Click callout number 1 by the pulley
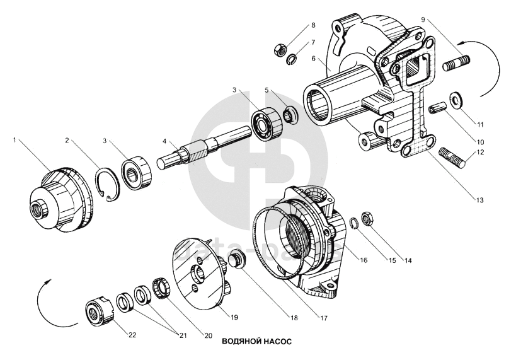[x=14, y=140]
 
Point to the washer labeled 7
[x=292, y=61]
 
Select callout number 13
[x=480, y=200]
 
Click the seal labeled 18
[x=239, y=258]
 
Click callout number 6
[x=312, y=59]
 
